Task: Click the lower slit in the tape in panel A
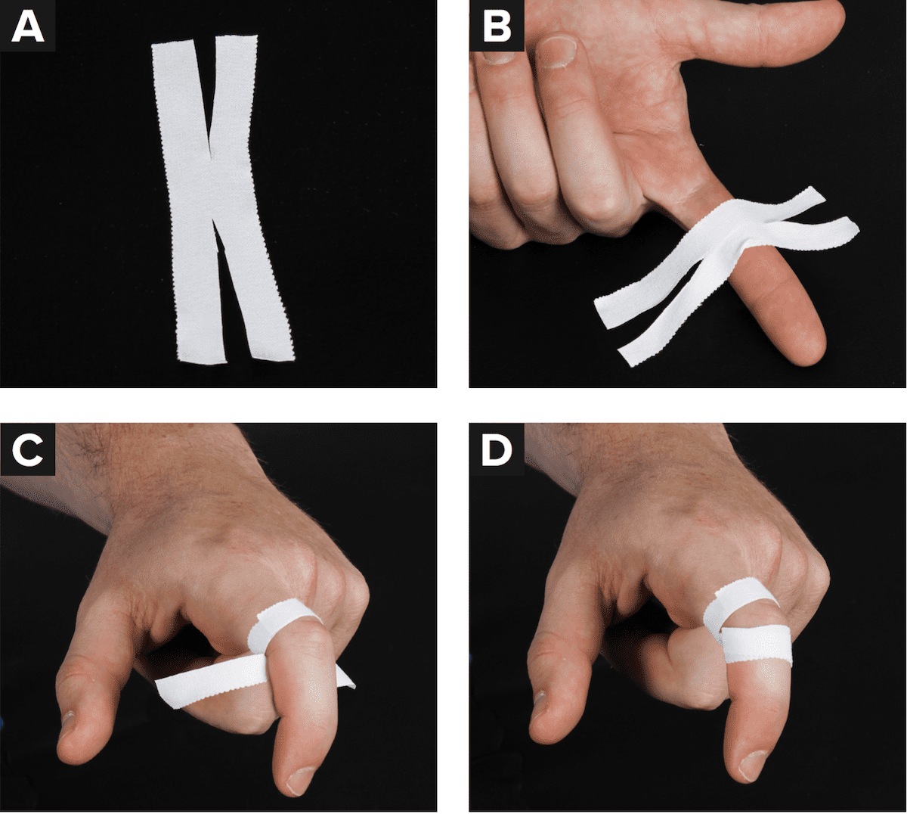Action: click(233, 287)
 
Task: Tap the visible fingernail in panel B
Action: click(555, 51)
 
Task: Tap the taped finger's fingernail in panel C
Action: click(301, 781)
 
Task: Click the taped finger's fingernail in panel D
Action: click(752, 765)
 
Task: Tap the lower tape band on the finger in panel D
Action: click(757, 646)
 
